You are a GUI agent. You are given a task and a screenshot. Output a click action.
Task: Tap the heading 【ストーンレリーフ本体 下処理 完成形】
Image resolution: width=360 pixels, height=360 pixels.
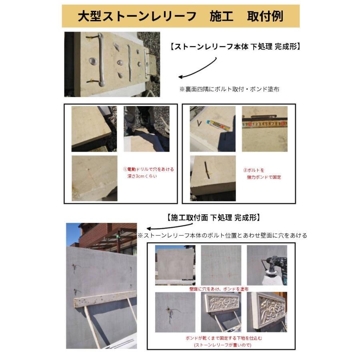[x=234, y=46]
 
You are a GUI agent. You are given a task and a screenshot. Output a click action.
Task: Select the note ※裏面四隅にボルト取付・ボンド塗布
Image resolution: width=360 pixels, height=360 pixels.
[x=229, y=89]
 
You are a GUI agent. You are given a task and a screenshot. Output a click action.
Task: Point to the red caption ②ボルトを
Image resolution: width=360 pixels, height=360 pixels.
[x=254, y=170]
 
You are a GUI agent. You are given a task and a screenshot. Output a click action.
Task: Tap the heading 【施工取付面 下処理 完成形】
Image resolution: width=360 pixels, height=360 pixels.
[x=213, y=218]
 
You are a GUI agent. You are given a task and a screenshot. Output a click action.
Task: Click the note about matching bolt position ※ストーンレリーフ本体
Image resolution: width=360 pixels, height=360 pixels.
[x=222, y=236]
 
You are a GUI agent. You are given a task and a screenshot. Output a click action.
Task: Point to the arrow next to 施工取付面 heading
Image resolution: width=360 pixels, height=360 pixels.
[x=154, y=227]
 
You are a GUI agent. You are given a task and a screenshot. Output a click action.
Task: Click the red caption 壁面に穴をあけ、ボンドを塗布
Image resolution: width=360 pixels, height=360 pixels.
[x=219, y=288]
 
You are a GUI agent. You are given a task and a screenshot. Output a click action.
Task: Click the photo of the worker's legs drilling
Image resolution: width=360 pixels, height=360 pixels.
[x=146, y=128]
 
